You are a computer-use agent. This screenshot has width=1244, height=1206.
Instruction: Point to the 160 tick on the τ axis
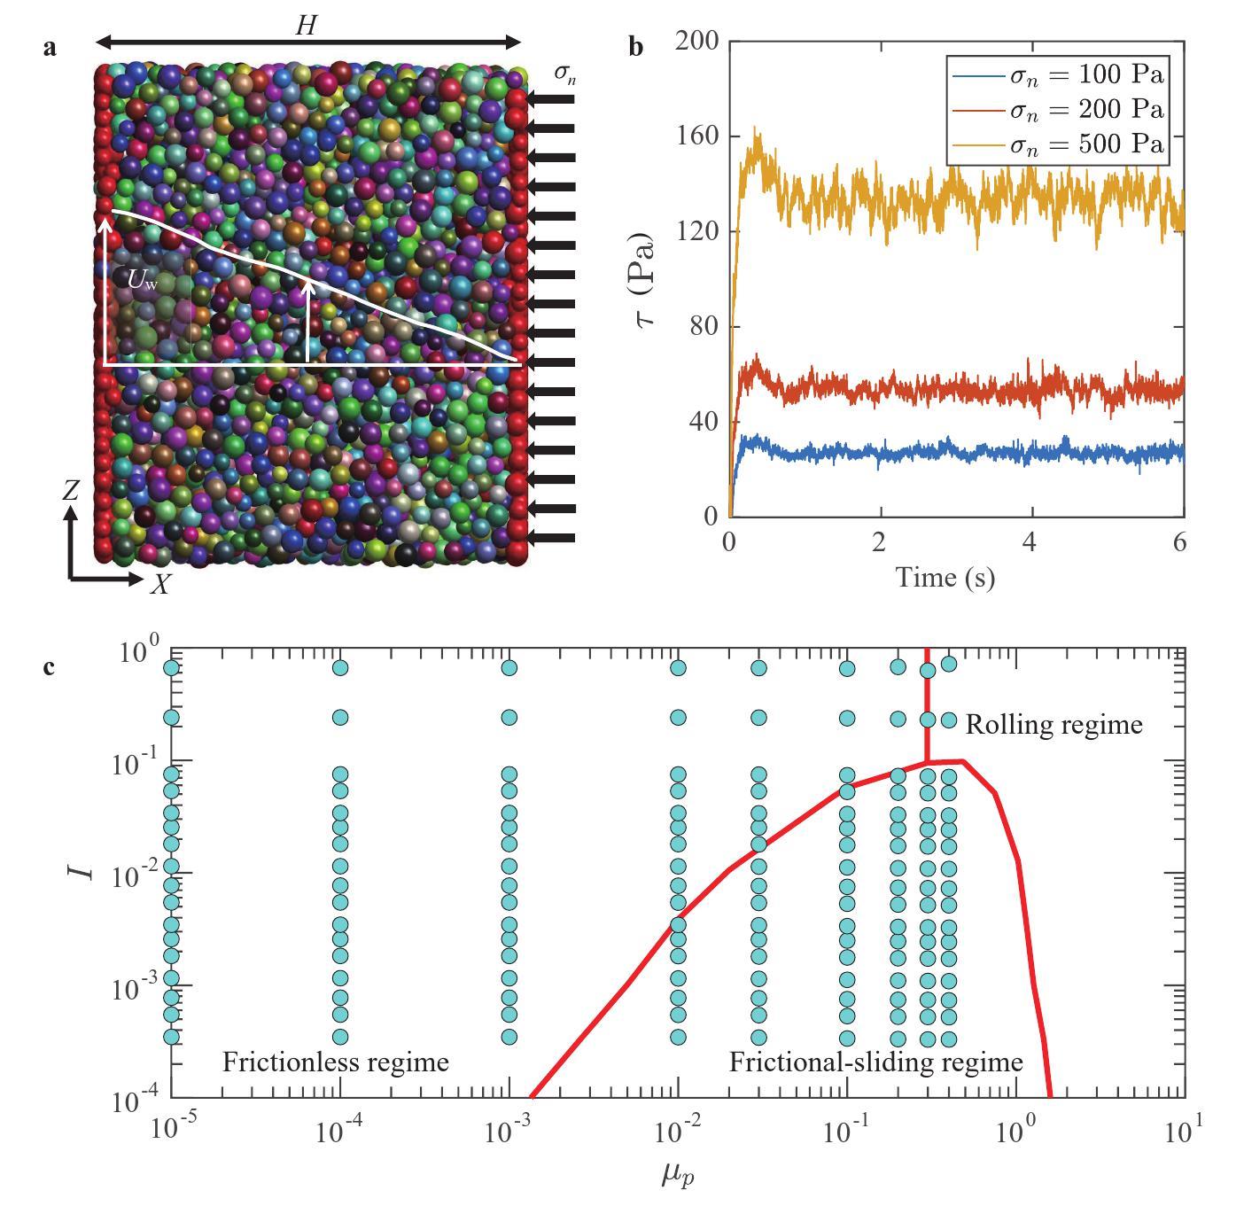(x=697, y=136)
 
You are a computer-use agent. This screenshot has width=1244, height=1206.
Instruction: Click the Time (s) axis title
(x=945, y=578)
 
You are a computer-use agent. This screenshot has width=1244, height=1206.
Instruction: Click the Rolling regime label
(x=1054, y=725)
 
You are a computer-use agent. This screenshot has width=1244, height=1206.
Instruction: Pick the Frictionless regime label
(x=335, y=1062)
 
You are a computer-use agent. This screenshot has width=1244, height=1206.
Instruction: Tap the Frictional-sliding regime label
(x=875, y=1062)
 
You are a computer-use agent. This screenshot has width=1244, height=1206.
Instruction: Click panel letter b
(x=635, y=46)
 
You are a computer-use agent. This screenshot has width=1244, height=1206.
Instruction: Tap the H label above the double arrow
(x=305, y=26)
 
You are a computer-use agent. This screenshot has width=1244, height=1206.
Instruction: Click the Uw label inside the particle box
(x=142, y=281)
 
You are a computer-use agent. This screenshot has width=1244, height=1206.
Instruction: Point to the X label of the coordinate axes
(x=160, y=584)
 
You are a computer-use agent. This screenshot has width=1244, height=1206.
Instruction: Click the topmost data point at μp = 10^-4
(x=339, y=667)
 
